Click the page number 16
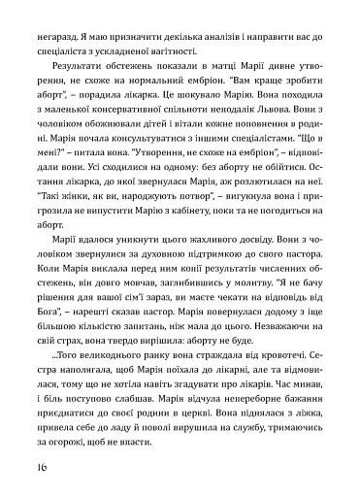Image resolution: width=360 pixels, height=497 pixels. (x=24, y=464)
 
